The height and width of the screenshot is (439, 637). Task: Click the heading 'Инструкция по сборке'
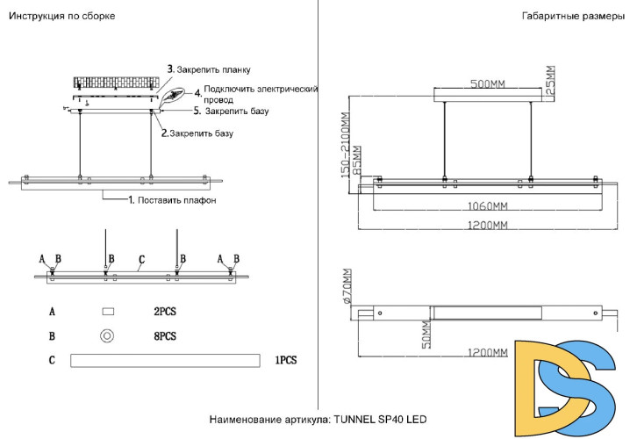coord(61,17)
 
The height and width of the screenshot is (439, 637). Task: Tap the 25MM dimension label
coord(550,81)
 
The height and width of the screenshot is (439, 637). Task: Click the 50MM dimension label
coord(426,334)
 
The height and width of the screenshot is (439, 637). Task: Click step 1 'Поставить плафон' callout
coord(172,200)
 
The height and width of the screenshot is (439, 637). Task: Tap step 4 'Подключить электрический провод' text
coord(260,95)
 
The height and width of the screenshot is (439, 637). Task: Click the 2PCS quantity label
coord(165,311)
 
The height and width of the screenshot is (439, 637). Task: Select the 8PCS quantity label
coord(165,335)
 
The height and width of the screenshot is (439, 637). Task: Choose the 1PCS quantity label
coord(287,360)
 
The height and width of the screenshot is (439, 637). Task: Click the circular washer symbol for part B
coord(108,335)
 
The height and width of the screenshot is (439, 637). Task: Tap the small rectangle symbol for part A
coord(108,311)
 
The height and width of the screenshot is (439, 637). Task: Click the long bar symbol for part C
coord(165,360)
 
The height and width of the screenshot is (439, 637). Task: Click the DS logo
coord(570,386)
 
